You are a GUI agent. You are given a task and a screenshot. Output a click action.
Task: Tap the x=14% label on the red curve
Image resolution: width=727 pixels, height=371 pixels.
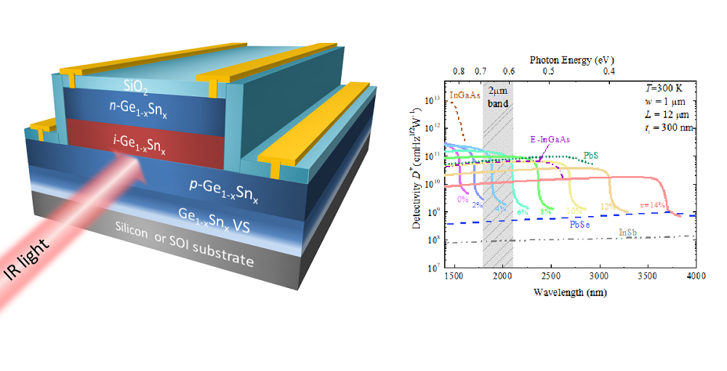(652, 205)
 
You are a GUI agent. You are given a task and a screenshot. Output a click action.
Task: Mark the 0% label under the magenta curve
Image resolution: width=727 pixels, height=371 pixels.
(462, 198)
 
